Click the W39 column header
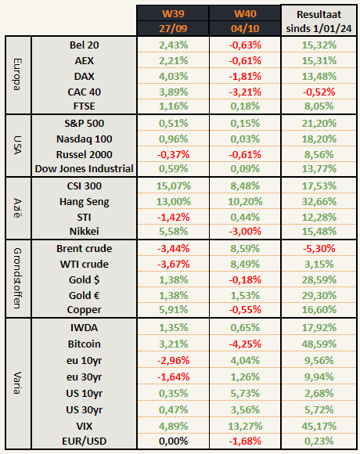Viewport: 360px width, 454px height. (x=173, y=13)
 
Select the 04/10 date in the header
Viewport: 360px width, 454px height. (x=245, y=29)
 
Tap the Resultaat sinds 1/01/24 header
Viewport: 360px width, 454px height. (x=319, y=21)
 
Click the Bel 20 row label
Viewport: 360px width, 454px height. (x=85, y=45)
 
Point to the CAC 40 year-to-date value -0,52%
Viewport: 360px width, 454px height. (x=319, y=92)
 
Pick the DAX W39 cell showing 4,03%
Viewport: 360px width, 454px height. (x=173, y=77)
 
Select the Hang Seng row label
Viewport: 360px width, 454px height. (x=85, y=202)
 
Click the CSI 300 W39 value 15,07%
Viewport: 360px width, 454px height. (x=173, y=186)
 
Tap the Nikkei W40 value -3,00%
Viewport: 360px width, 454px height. (x=245, y=232)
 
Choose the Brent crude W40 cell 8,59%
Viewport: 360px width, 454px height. (x=245, y=248)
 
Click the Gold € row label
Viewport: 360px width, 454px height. (x=85, y=296)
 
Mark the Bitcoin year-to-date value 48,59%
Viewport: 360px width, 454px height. (x=319, y=344)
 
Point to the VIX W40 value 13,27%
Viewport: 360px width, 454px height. (x=245, y=426)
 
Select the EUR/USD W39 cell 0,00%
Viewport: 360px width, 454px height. (x=173, y=441)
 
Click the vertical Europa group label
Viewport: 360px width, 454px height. (x=18, y=74)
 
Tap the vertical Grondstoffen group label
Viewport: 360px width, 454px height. (x=18, y=278)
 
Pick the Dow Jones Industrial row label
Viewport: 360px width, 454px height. (x=85, y=169)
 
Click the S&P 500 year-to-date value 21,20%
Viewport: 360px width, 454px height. (x=319, y=124)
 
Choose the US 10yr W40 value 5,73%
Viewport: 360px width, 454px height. (x=245, y=394)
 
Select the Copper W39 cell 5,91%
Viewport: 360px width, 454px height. (x=173, y=309)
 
